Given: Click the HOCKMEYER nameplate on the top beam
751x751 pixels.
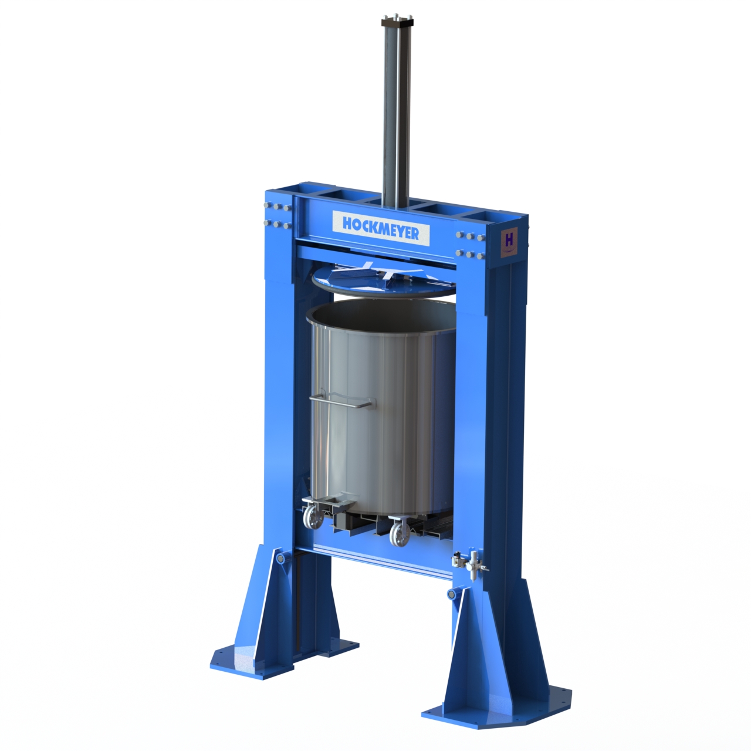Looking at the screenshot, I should coord(381,228).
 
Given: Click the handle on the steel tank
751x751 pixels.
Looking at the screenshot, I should coord(342,402).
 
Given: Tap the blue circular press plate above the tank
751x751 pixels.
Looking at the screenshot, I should coord(383,280).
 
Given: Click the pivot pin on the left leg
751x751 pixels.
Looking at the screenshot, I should coord(282,559).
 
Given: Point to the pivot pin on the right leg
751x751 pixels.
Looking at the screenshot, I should coord(452,594).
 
